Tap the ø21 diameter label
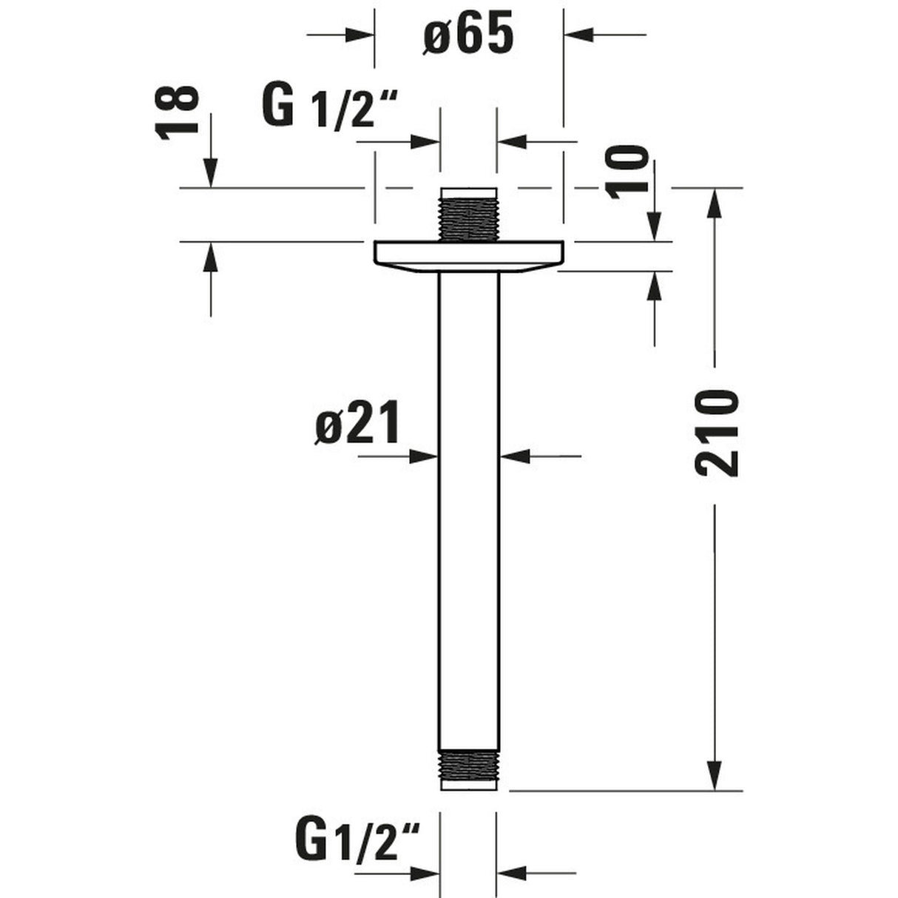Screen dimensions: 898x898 357,422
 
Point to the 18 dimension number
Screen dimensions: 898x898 177,112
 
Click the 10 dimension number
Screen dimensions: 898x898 627,172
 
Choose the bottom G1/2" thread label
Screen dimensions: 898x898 357,835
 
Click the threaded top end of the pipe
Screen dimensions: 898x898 469,215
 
